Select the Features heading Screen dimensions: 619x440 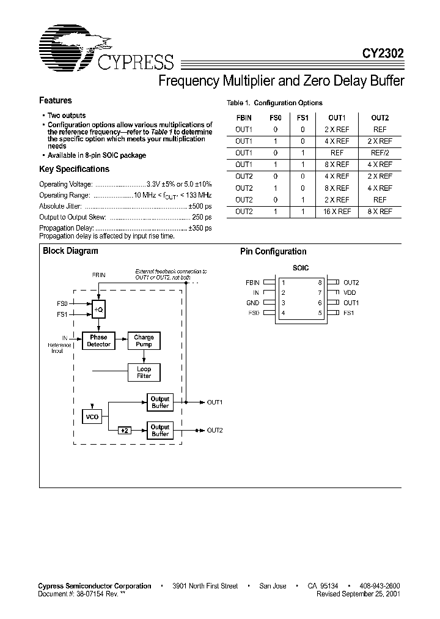pos(56,100)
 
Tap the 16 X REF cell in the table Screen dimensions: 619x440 pos(338,212)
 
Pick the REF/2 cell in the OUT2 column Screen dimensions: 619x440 pos(380,153)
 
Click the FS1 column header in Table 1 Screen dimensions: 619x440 pos(302,118)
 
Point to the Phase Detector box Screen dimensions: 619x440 pos(98,341)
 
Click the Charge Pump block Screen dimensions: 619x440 pos(144,341)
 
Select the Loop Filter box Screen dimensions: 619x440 pos(144,373)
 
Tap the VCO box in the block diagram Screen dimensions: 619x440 pos(92,418)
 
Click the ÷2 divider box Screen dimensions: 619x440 pos(125,431)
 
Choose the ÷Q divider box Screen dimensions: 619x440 pos(98,309)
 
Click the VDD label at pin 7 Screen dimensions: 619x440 pos(350,293)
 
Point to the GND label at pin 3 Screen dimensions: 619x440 pos(252,303)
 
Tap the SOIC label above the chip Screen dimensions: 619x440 pos(301,268)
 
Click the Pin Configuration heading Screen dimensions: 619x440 pos(273,251)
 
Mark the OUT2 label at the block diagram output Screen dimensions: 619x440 pos(215,430)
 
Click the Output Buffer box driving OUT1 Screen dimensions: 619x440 pos(160,402)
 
